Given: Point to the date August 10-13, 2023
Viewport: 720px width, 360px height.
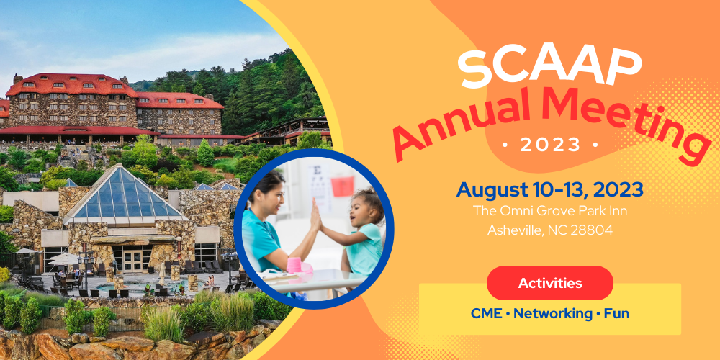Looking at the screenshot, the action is [x=549, y=189].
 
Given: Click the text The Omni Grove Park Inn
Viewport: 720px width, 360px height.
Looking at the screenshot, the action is [x=550, y=211].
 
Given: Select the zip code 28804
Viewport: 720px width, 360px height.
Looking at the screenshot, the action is [x=591, y=230].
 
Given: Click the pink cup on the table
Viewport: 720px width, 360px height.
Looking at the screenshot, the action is [x=294, y=265].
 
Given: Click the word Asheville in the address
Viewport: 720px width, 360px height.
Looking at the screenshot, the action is [x=514, y=230].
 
